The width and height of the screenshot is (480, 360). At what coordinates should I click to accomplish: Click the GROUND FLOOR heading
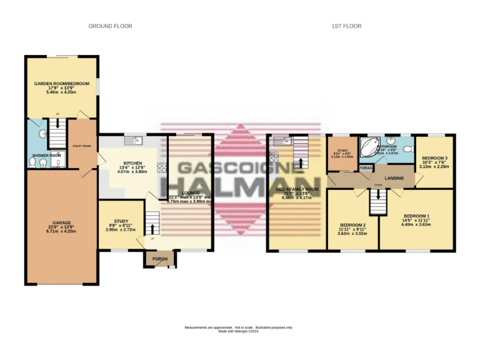[110, 26]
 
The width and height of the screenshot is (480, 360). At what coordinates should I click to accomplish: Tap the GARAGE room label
[61, 222]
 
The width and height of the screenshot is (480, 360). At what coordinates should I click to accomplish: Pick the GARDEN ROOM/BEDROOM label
[62, 82]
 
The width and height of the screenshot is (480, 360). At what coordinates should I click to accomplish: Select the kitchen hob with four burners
[161, 167]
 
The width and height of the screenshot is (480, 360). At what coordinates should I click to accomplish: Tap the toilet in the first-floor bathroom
[407, 149]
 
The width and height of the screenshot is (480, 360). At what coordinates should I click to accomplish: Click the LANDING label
[394, 179]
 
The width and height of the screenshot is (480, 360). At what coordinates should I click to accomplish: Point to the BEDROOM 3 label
[434, 159]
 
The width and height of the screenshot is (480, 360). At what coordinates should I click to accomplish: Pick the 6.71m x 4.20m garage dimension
[61, 231]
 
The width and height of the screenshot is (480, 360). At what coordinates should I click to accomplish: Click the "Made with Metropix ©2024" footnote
[239, 331]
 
